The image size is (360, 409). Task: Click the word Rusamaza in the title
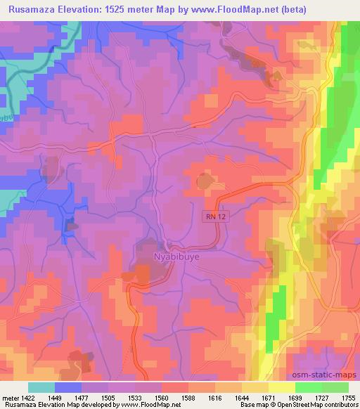tap(30, 9)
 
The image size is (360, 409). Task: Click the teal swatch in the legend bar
tap(41, 387)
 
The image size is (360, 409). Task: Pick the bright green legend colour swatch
tap(308, 387)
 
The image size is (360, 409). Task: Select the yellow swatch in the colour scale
tap(281, 387)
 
